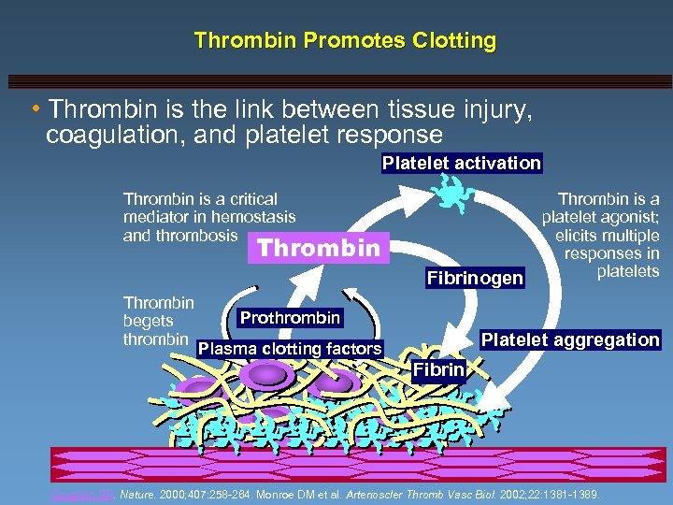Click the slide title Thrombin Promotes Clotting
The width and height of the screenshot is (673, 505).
[x=345, y=41]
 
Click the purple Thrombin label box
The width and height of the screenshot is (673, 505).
[x=319, y=248]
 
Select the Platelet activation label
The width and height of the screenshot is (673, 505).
[x=462, y=163]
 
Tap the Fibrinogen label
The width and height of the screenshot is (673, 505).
[x=475, y=278]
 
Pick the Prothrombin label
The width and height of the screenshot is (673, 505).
[x=290, y=318]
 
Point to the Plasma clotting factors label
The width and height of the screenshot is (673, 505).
[x=291, y=349]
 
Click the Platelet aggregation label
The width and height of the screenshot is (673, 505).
[x=569, y=339]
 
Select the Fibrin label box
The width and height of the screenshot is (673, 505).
[x=438, y=369]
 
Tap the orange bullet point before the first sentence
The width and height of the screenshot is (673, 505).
[x=35, y=111]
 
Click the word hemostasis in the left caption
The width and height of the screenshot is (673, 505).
[x=252, y=217]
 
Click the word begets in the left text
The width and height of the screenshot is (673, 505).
[x=149, y=321]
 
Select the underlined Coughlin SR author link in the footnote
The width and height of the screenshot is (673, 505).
[x=73, y=493]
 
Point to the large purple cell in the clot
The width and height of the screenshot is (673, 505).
[x=267, y=375]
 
